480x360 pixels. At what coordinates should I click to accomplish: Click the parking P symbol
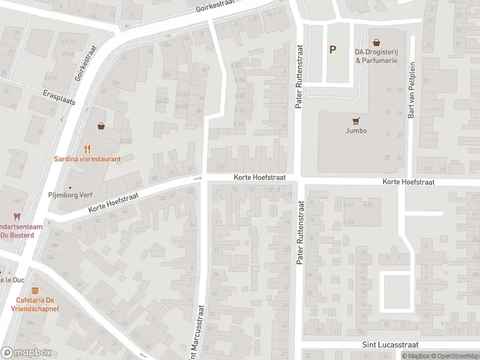[332, 50]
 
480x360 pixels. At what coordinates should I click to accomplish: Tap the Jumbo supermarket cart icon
[356, 120]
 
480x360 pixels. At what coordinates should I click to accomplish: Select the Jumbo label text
[356, 130]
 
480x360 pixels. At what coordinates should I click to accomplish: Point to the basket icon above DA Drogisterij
[376, 43]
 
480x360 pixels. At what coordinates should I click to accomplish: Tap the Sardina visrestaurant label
[88, 159]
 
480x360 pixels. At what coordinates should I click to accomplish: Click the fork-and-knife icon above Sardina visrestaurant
[88, 148]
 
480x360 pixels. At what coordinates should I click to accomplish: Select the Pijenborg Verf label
[70, 194]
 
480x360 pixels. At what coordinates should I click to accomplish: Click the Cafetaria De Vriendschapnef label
[35, 304]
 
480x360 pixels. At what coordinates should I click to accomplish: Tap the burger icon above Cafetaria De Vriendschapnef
[35, 290]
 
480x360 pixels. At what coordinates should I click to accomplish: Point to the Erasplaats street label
[59, 98]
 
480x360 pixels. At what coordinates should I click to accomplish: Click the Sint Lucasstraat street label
[390, 345]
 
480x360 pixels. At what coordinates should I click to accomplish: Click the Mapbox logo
[26, 352]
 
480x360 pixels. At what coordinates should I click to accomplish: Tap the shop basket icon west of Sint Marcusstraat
[101, 126]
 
